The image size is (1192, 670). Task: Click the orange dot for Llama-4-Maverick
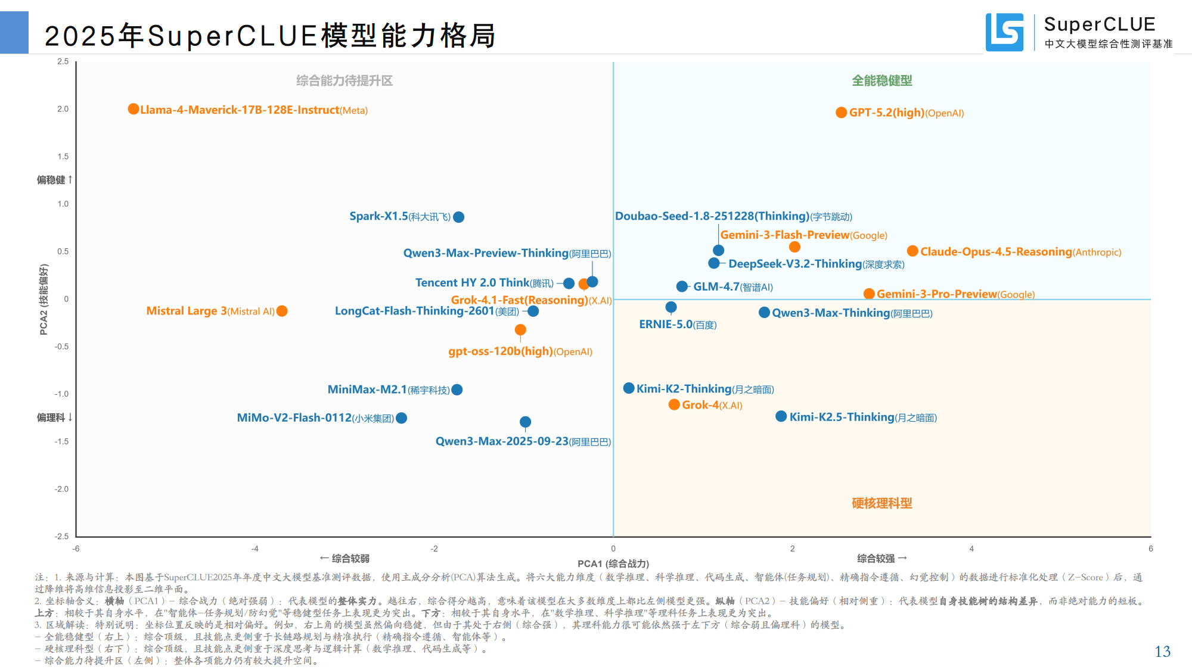coord(134,109)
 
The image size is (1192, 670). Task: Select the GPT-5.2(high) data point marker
coord(841,113)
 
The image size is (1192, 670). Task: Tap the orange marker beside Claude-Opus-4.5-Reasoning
coord(912,251)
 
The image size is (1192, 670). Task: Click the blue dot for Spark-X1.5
coord(459,217)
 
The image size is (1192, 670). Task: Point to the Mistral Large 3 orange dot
coord(283,311)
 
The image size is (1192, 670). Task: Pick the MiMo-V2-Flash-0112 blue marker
coord(402,418)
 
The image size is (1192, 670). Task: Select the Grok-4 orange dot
coord(674,405)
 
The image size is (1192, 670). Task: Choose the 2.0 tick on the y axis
coord(63,109)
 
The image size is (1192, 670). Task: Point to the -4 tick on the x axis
coord(255,549)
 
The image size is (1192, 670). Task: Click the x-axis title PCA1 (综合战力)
coord(613,563)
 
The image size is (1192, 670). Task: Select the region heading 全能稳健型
coord(881,80)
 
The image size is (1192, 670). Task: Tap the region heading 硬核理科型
coord(881,503)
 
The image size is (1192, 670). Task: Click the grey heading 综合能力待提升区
coord(344,80)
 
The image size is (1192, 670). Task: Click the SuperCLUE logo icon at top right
coord(1005,32)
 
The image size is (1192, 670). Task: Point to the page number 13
coord(1162,652)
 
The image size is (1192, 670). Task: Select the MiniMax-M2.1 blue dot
coord(457,389)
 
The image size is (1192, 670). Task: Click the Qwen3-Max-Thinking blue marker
coord(764,313)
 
